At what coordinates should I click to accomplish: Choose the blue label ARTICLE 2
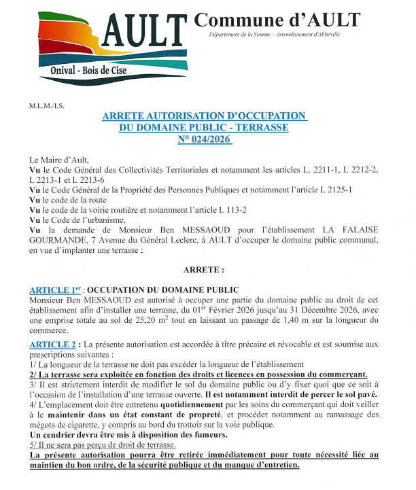click(54, 345)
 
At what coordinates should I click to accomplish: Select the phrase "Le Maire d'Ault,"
click(59, 160)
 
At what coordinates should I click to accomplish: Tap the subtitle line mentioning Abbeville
click(275, 34)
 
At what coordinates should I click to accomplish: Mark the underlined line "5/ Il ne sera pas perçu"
click(103, 444)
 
